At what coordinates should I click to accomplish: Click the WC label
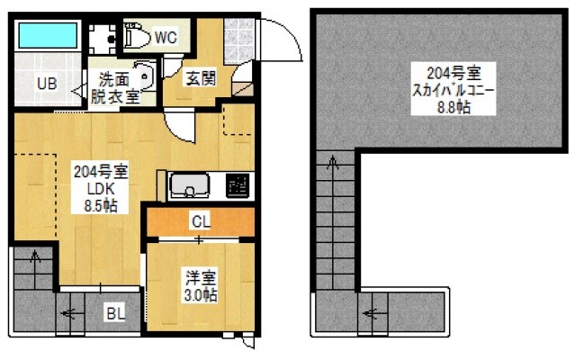(x=166, y=38)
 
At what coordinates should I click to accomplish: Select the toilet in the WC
(x=137, y=36)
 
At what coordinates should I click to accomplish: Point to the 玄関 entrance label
(x=200, y=78)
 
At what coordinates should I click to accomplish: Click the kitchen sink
(x=190, y=185)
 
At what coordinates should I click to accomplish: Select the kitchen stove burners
(x=238, y=185)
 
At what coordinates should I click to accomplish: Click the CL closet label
(x=200, y=220)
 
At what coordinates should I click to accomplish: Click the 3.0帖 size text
(x=200, y=294)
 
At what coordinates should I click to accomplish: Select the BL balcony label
(x=114, y=314)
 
